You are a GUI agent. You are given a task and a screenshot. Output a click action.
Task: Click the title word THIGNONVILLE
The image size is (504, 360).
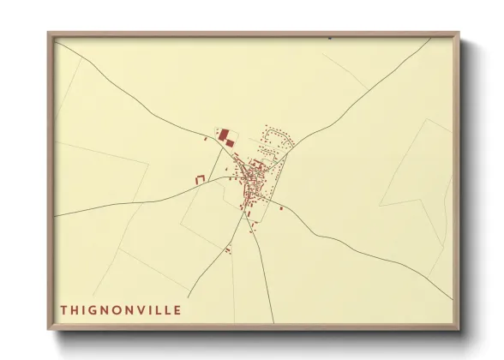click(121, 309)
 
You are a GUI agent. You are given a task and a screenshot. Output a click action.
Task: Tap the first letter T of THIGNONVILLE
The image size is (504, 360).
click(64, 309)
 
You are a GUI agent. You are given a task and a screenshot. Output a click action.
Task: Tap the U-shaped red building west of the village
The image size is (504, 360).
click(201, 179)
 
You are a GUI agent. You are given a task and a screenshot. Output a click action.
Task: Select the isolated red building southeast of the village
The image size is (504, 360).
click(281, 207)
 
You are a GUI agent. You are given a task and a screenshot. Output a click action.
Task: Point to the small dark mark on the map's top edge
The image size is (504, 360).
click(330, 38)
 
